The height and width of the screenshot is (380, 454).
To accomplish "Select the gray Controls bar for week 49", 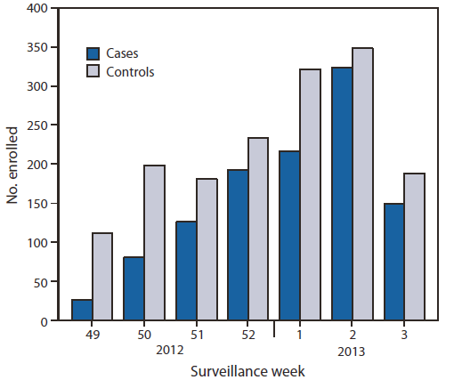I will pos(102,277).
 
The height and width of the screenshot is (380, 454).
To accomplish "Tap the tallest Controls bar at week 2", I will pos(361,183).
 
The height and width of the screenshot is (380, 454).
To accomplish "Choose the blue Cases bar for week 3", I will pos(393,262).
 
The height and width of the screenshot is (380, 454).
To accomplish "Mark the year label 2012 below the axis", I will pos(170,351).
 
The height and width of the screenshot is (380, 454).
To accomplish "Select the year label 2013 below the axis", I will pos(351,351).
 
